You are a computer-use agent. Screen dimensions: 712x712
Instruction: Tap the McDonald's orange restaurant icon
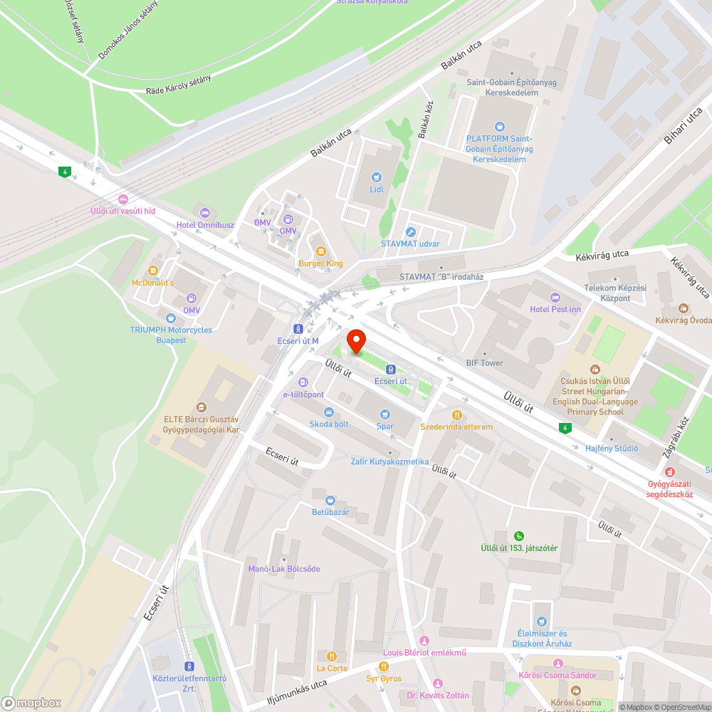click(152, 271)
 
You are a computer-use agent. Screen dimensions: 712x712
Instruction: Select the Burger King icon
click(320, 251)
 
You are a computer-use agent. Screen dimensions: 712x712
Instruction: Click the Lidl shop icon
click(377, 177)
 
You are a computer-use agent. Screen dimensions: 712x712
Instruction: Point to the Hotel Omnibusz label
click(206, 225)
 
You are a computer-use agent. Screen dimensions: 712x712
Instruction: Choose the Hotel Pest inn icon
click(555, 297)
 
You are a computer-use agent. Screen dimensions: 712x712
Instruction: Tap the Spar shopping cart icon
click(385, 414)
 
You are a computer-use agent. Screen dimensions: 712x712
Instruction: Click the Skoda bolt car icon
click(328, 412)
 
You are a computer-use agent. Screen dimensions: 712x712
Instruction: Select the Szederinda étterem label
click(456, 426)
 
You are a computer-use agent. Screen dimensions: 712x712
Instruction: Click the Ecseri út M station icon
click(298, 329)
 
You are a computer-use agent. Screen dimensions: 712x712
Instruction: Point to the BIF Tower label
click(484, 363)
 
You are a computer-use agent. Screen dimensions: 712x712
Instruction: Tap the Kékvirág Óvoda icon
click(684, 308)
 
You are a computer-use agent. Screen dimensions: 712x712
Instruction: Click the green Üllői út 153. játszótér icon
click(519, 535)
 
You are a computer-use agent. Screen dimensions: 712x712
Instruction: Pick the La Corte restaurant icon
click(331, 656)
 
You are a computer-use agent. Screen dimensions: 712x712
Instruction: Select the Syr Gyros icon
click(384, 666)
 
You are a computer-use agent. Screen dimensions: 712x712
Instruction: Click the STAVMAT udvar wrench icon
click(410, 231)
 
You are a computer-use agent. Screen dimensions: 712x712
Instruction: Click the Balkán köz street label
click(426, 119)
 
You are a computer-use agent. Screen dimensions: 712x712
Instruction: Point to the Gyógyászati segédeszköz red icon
click(669, 471)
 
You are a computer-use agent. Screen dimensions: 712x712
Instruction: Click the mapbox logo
click(32, 703)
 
